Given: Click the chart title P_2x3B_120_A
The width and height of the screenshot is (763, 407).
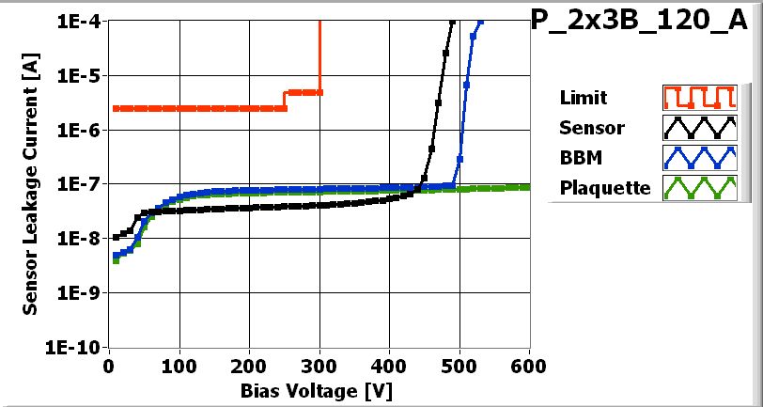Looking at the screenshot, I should coord(646,22).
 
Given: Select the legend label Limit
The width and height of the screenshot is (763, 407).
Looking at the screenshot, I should coord(583,98).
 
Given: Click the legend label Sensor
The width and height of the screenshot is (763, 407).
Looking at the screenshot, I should coord(591,128).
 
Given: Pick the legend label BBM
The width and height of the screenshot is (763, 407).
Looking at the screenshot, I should coord(577,158).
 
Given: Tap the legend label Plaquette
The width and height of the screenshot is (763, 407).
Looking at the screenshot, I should coord(604,188).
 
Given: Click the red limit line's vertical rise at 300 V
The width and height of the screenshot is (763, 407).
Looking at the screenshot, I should coord(320,56).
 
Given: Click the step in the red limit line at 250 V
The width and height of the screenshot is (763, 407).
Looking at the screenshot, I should coord(285,100).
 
